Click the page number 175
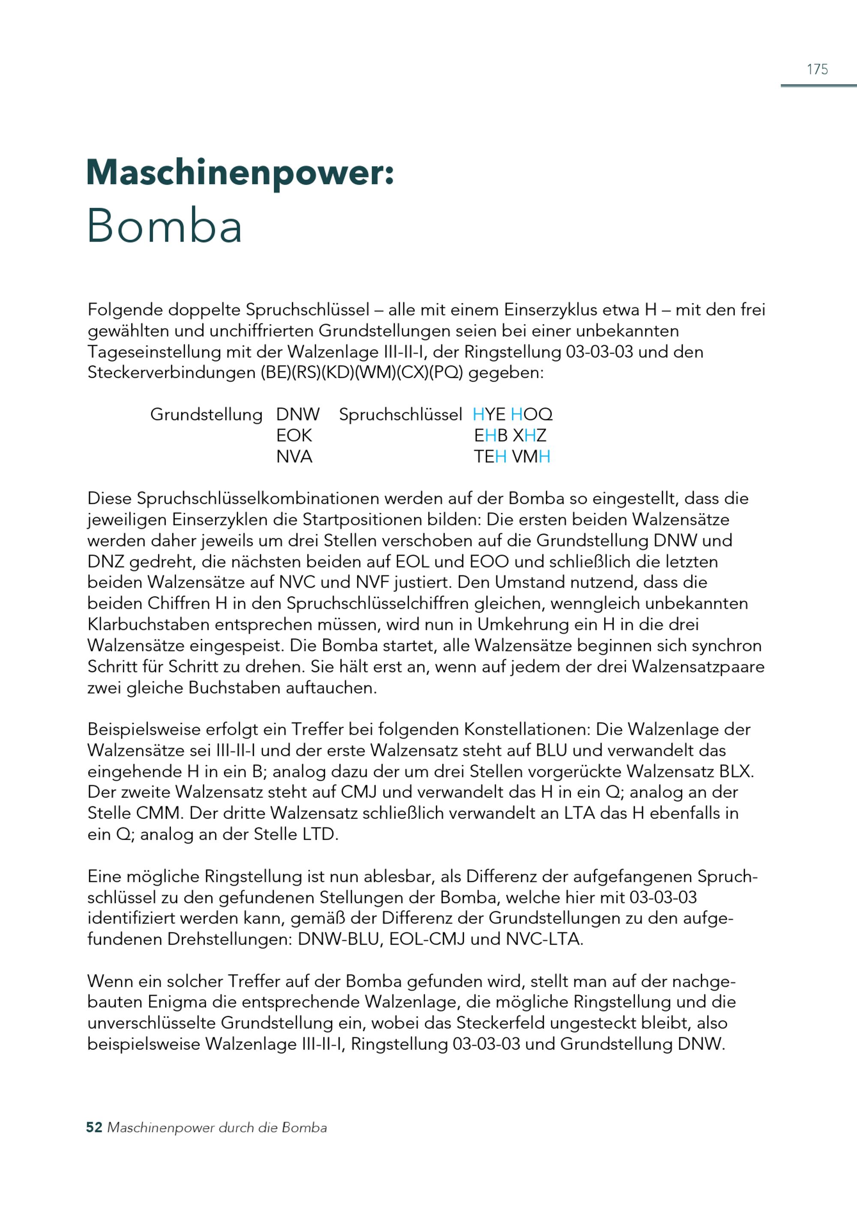click(x=817, y=69)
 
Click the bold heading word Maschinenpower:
click(x=240, y=173)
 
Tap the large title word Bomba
click(x=164, y=226)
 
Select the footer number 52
click(x=94, y=1128)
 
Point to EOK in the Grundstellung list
click(x=294, y=435)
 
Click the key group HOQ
click(x=531, y=414)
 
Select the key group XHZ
click(x=529, y=435)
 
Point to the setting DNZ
click(x=105, y=561)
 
